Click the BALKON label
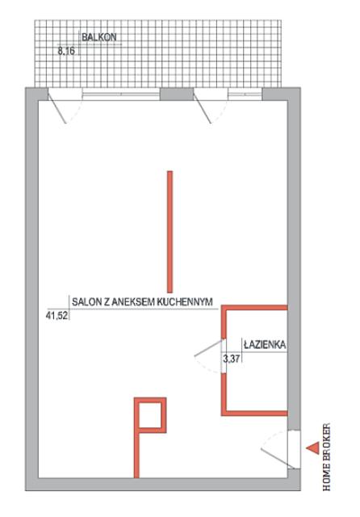tap(99, 37)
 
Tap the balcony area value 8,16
tap(66, 51)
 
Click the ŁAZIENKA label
tap(265, 345)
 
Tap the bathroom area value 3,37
tap(232, 359)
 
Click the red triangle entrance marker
tap(312, 448)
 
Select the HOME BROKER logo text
tap(326, 456)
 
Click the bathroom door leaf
tap(209, 348)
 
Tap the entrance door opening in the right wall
tap(294, 449)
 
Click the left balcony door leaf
tap(57, 107)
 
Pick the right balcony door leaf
tap(203, 107)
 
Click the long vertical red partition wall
tap(170, 232)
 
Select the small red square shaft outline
tap(150, 415)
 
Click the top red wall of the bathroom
tap(254, 308)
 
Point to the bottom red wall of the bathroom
tap(254, 413)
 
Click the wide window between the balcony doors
tap(121, 95)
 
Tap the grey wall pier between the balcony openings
tap(177, 95)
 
